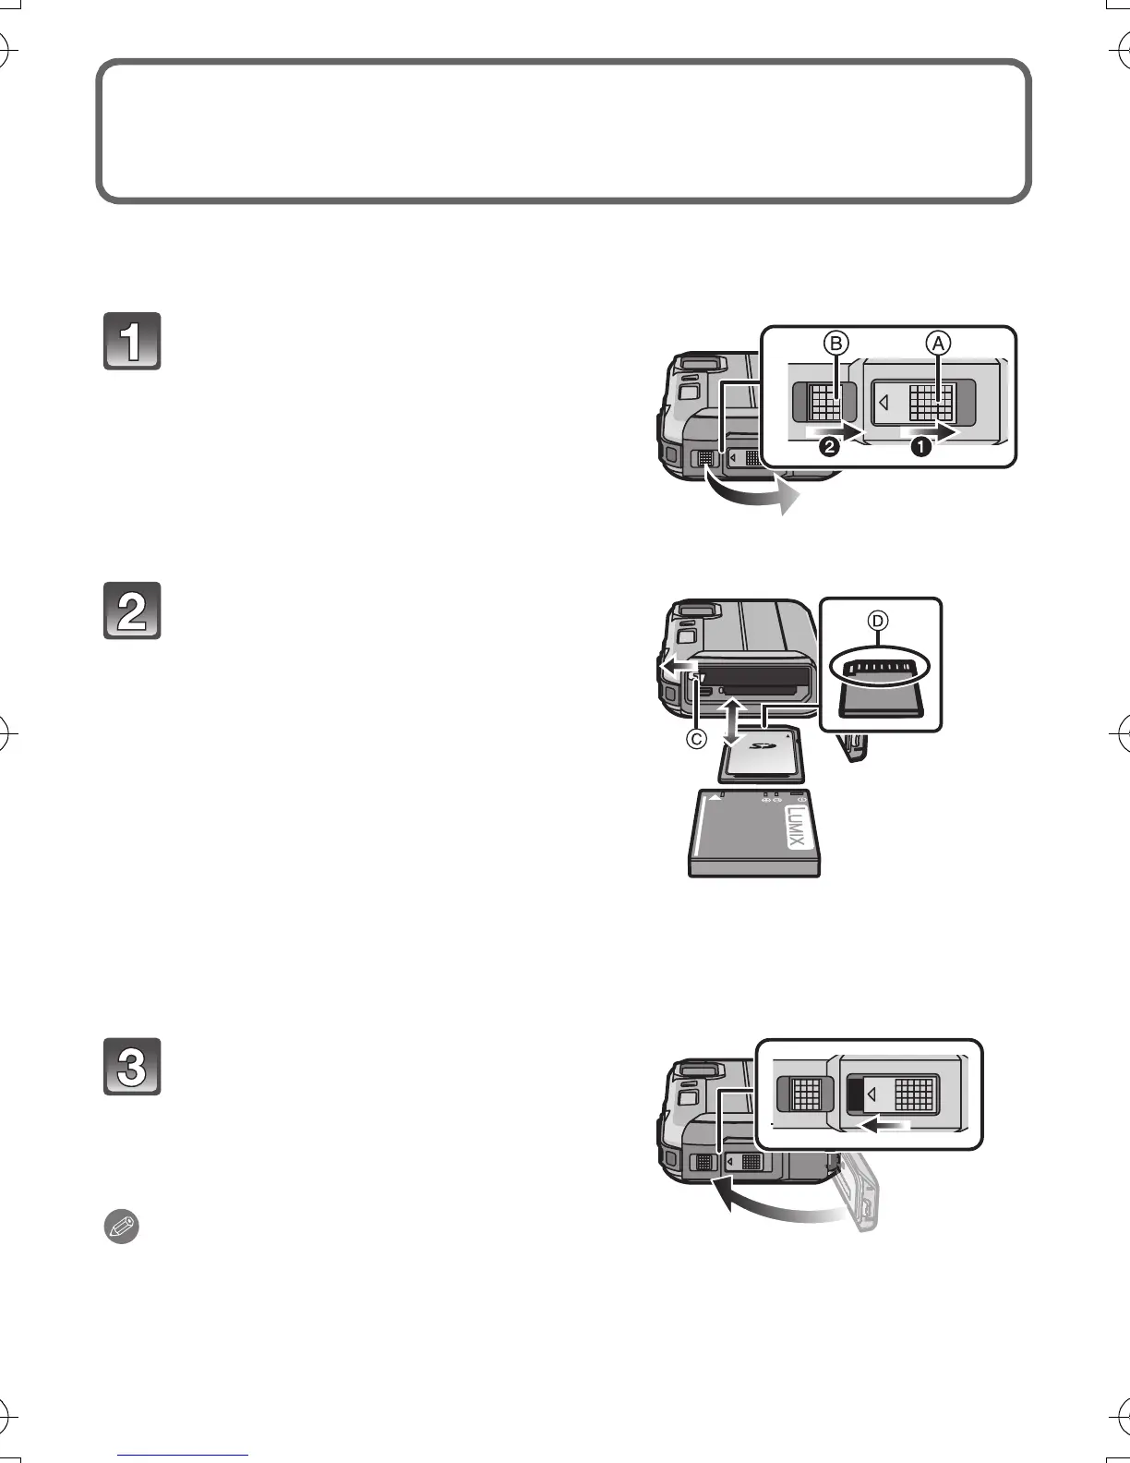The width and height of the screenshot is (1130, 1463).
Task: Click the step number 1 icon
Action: pos(132,342)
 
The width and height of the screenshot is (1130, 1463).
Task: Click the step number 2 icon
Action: pos(132,610)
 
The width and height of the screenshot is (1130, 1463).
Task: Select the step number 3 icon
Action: pos(132,1067)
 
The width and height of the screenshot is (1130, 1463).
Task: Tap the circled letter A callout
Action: pos(938,344)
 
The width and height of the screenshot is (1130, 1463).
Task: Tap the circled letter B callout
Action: pos(835,344)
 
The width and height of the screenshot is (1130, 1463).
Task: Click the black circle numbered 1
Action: pos(920,448)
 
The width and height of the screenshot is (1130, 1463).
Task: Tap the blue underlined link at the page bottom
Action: pos(184,1457)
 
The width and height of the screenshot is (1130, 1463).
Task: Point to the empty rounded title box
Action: pos(563,131)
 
